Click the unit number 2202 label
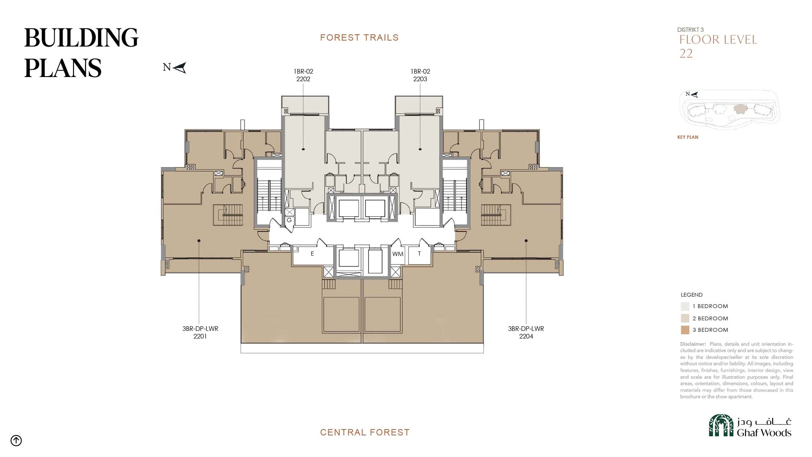[303, 79]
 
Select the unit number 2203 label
[420, 79]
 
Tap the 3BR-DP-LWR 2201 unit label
[200, 333]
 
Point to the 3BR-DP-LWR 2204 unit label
[526, 333]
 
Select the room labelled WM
[398, 254]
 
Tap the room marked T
[420, 254]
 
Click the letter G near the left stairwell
[289, 220]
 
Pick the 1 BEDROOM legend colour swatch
[685, 306]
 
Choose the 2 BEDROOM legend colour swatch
[685, 318]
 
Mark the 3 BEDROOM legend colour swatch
[685, 330]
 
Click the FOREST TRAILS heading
[359, 38]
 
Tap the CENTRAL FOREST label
[365, 432]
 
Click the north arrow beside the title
[179, 68]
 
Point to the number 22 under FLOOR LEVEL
[686, 54]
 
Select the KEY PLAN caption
[688, 137]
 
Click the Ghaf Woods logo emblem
[721, 425]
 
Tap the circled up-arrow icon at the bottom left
[16, 440]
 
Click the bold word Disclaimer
[693, 344]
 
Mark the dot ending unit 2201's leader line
[199, 241]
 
